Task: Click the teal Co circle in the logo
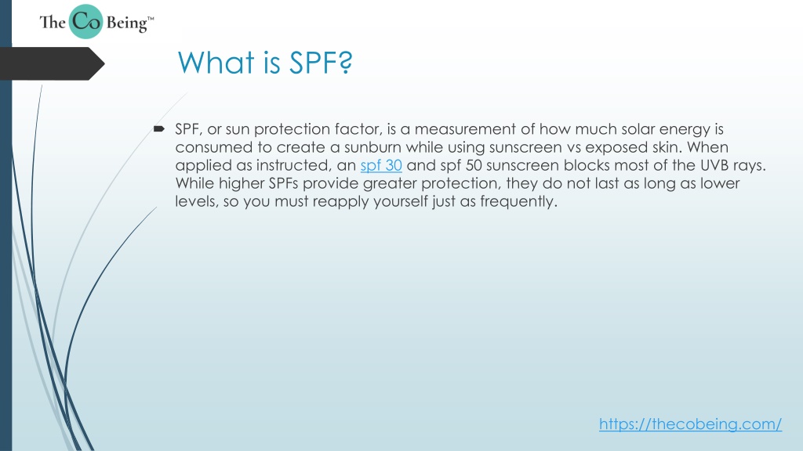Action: [x=85, y=21]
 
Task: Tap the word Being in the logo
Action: [x=127, y=23]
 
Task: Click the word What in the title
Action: [x=216, y=63]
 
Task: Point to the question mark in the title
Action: [x=346, y=63]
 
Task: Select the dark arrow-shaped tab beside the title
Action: [x=53, y=63]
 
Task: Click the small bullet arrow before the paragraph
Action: [x=158, y=129]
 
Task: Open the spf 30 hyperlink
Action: [x=381, y=166]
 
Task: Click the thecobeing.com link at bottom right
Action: [x=690, y=424]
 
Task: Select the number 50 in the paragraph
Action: [x=474, y=166]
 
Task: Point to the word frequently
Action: [x=518, y=202]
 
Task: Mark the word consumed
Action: [x=213, y=147]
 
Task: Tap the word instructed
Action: [x=293, y=166]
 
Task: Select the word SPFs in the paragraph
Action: [x=283, y=183]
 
